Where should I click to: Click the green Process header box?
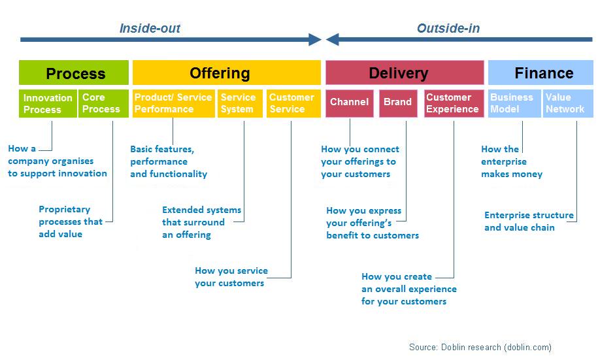click(x=74, y=73)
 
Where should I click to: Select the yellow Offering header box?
click(x=227, y=73)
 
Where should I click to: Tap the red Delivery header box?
click(x=405, y=73)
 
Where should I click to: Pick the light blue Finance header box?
click(x=541, y=73)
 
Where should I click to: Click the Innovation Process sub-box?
click(x=48, y=103)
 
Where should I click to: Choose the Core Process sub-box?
click(x=103, y=103)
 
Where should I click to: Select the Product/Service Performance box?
click(x=174, y=103)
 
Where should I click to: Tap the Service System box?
click(x=240, y=103)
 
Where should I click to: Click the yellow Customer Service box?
click(x=293, y=103)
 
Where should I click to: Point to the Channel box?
click(x=350, y=103)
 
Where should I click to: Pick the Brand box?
click(x=398, y=103)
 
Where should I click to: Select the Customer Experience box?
click(x=454, y=103)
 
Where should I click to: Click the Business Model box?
click(x=514, y=103)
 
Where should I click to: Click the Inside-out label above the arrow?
click(x=150, y=28)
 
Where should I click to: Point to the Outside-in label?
click(x=448, y=28)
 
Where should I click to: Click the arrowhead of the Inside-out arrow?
click(x=321, y=39)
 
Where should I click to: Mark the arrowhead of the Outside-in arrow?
click(x=326, y=39)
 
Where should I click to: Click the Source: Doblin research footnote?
click(x=480, y=347)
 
